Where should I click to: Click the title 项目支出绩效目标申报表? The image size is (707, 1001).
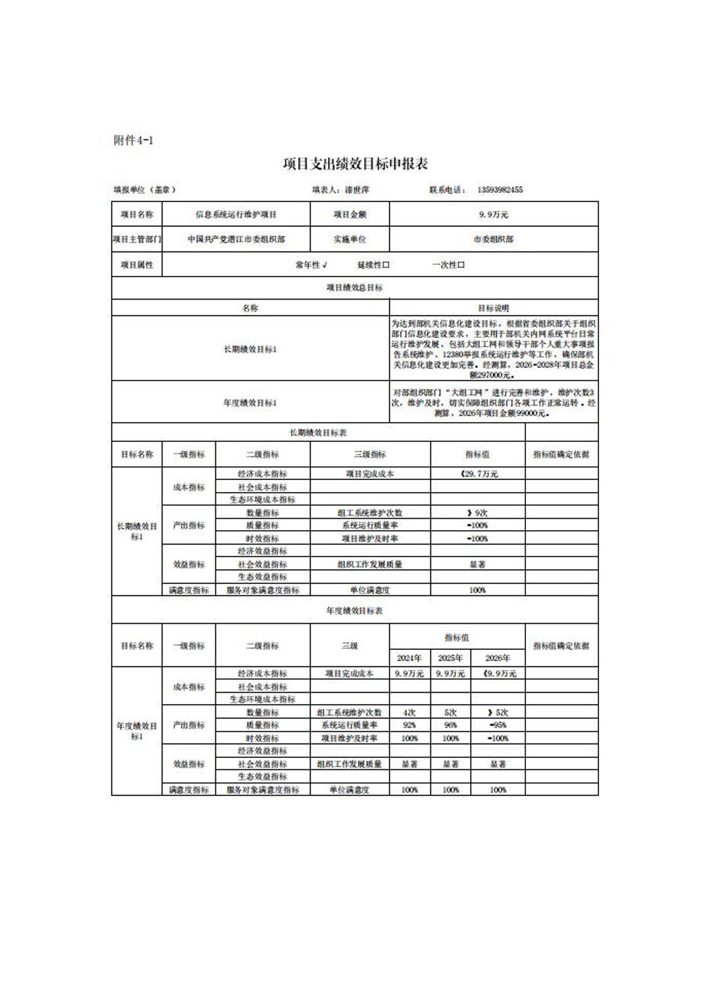coord(355,164)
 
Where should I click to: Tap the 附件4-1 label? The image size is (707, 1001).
coord(134,140)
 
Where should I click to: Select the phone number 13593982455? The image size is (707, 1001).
coord(500,190)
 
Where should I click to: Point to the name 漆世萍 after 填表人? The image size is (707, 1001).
coord(357,190)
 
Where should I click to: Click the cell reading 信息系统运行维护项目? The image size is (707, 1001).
coord(236,215)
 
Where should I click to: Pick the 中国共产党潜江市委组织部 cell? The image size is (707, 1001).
coord(236,240)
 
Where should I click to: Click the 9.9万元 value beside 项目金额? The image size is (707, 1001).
coord(494,215)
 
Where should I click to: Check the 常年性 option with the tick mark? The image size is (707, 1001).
coord(311,265)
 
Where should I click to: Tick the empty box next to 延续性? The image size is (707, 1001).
coord(386,265)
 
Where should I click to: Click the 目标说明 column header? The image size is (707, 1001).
coord(493,308)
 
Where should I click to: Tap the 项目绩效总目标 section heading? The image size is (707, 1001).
coord(355,288)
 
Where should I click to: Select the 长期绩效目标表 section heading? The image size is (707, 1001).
coord(318,433)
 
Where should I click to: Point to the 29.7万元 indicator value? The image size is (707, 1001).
coord(479,474)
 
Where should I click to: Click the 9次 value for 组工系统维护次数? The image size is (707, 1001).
coord(478,512)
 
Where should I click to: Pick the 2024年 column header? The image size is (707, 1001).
coord(409,658)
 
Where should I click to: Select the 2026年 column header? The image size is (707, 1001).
coord(498,658)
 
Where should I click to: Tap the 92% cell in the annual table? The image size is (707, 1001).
coord(409,725)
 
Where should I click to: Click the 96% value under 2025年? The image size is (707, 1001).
coord(450,725)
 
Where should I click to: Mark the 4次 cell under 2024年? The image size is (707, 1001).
coord(409,713)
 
